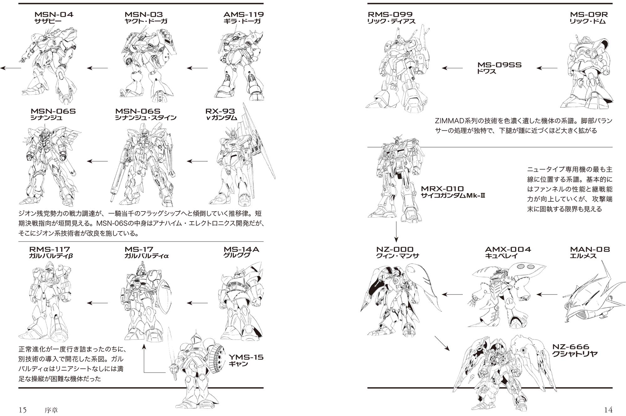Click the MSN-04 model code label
point(54,14)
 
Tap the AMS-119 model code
point(243,14)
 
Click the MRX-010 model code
point(446,189)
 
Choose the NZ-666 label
point(571,347)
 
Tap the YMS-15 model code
point(246,357)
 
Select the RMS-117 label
point(49,249)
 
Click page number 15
point(23,410)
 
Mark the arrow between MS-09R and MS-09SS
point(546,68)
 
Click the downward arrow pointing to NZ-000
point(396,232)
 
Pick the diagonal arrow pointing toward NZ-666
point(442,343)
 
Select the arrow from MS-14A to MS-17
point(197,303)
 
